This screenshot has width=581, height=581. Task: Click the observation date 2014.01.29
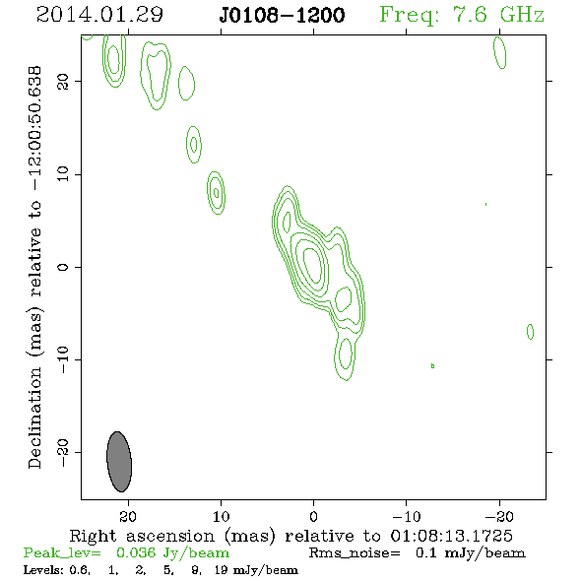coord(99,15)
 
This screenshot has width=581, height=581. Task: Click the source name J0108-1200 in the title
coord(282,16)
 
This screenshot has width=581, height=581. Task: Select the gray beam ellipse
coord(119,462)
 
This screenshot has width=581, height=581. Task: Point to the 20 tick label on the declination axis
coord(63,82)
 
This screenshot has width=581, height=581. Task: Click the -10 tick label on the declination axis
coord(63,359)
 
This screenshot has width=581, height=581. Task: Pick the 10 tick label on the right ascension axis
coord(222,516)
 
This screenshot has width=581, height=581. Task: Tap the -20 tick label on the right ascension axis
coord(499,516)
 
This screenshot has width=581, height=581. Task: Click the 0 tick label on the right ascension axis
coord(313,516)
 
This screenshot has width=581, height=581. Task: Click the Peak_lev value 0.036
coord(136,552)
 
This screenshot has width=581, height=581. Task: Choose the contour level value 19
coord(222,570)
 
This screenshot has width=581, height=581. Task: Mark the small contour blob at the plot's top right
coord(500,53)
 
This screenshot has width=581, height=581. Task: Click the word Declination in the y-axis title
coord(34,418)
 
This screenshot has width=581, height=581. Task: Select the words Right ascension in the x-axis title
coord(142,536)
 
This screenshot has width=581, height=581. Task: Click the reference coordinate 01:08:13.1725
coord(451,536)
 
